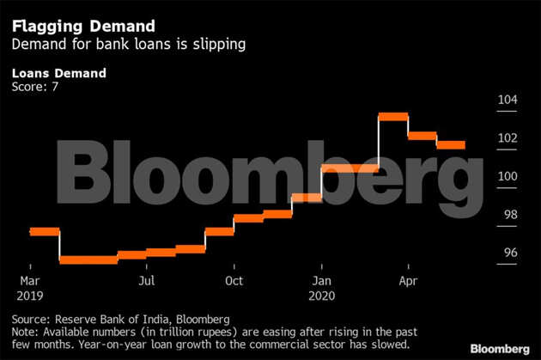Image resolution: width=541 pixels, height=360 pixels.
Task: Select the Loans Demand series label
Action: pos(59,73)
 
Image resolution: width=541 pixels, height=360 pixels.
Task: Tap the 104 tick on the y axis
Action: pos(507,101)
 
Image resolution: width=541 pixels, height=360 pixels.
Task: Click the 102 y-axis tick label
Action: pos(507,138)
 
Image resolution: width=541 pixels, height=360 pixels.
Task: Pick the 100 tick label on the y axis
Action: pos(507,176)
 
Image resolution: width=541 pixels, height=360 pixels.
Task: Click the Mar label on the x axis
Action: pos(30,281)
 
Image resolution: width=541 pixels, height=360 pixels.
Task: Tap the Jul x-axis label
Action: pos(147,281)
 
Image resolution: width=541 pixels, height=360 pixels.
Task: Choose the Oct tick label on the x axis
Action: pos(234,281)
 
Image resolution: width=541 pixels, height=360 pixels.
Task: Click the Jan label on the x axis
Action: pos(321,281)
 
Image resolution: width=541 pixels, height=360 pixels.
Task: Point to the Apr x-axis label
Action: pos(409,281)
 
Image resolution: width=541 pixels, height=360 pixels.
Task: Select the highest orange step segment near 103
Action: pos(393,116)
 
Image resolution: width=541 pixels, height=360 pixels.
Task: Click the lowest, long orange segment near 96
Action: pos(88,259)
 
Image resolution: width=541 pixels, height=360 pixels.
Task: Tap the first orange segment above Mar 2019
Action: pos(44,231)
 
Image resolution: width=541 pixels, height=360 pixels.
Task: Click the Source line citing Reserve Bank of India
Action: pos(121,318)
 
